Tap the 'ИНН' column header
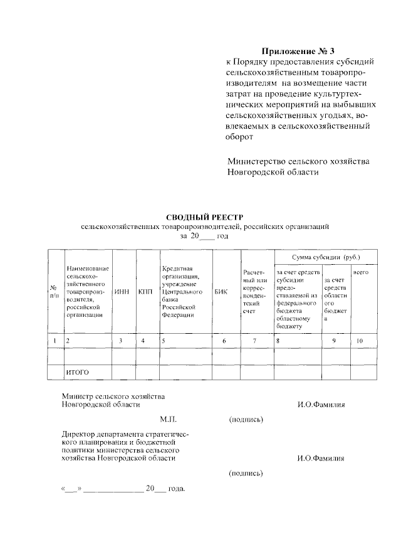point(121,292)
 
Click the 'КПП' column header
point(145,292)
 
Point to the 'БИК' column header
point(221,292)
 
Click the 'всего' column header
point(360,273)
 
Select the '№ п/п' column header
point(55,292)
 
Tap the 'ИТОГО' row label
point(78,373)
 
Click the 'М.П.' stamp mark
point(169,419)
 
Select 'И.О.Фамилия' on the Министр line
point(321,405)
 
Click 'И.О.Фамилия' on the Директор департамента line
point(321,458)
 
